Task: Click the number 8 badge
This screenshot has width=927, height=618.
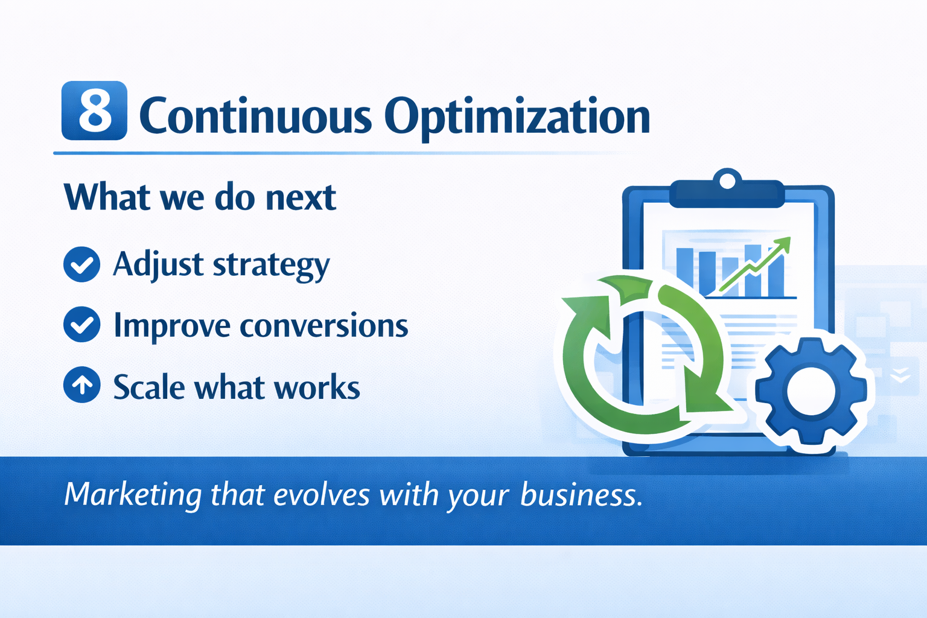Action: click(94, 110)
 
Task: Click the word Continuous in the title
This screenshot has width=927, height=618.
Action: click(255, 115)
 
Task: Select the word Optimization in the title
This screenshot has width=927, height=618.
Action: click(517, 118)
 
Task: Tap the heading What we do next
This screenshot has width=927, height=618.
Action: click(200, 197)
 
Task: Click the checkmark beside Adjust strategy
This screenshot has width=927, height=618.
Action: click(82, 264)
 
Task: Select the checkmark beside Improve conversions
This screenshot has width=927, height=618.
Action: click(82, 325)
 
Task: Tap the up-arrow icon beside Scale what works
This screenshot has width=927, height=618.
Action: click(82, 385)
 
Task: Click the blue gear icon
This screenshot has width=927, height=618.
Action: click(811, 390)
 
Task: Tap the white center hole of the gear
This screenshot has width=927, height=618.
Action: click(811, 391)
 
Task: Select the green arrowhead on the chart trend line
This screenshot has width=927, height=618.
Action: click(782, 245)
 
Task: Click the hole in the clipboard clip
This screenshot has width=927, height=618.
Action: click(727, 181)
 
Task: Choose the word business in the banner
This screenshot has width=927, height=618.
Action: click(581, 494)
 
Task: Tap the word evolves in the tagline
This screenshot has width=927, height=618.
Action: click(321, 495)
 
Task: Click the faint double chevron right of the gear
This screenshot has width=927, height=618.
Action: click(900, 375)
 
